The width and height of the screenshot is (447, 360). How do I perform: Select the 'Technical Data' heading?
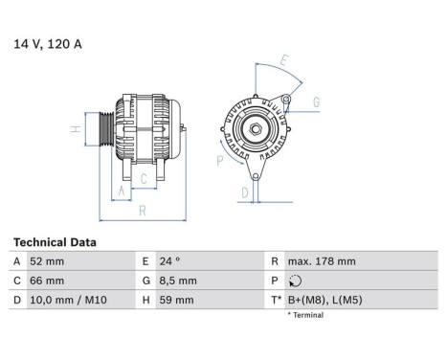pos(54,243)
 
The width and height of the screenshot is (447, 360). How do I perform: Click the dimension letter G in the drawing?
pos(316,101)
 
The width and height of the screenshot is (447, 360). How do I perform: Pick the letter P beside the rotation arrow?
pos(219,161)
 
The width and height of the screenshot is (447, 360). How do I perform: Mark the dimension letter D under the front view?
pos(245,192)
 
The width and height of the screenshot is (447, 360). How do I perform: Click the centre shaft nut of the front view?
pos(256,129)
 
